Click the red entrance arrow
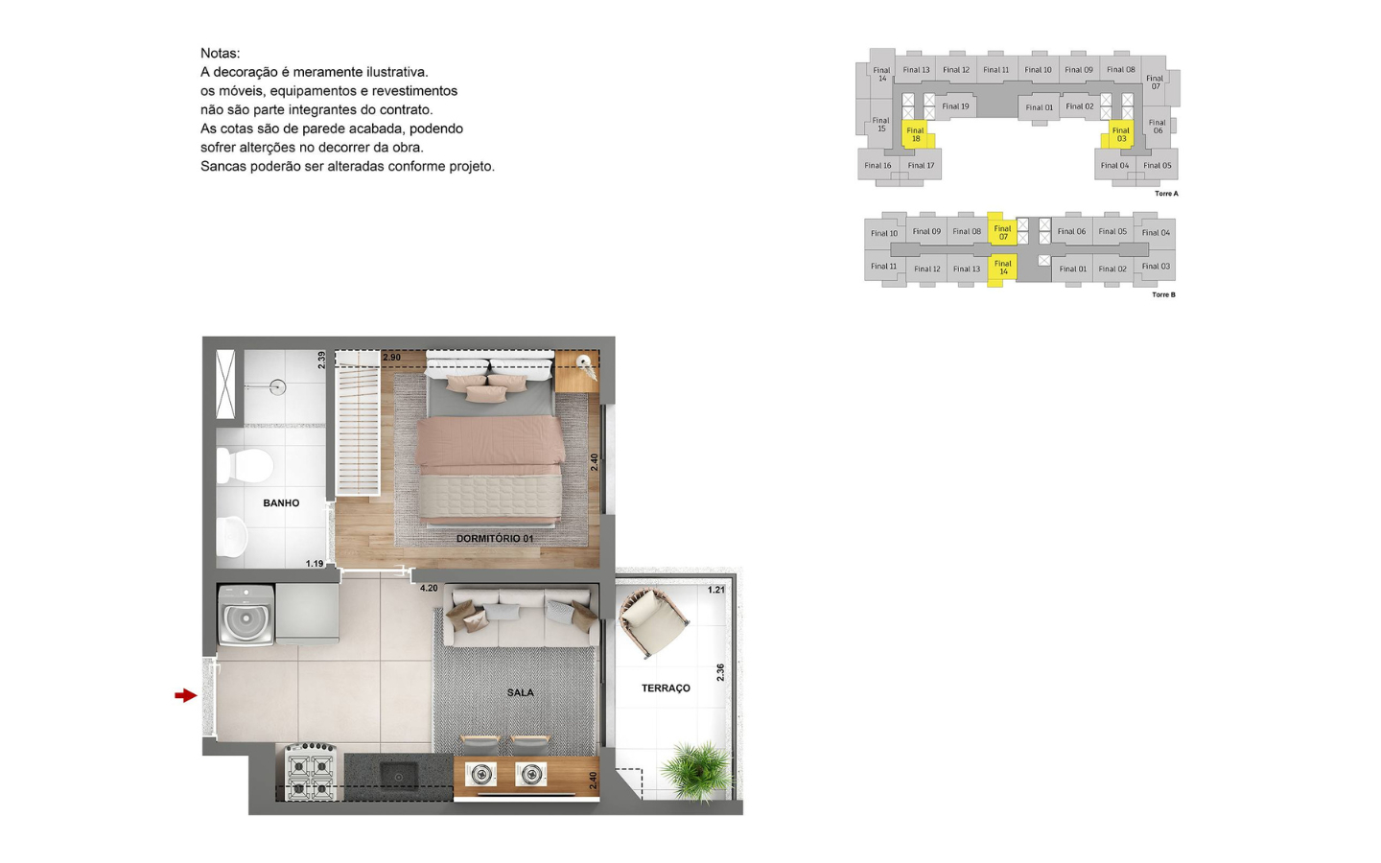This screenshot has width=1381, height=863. (x=186, y=695)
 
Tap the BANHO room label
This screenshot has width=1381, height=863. (x=281, y=503)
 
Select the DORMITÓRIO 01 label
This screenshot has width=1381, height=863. (x=495, y=538)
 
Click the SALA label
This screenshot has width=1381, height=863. (x=521, y=692)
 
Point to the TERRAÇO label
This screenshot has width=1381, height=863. (x=666, y=688)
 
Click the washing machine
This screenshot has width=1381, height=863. (x=246, y=616)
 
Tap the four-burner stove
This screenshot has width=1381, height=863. (x=310, y=773)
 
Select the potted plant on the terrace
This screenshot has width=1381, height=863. (x=698, y=771)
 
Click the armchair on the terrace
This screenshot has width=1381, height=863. (x=653, y=623)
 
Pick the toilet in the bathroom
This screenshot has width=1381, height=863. (x=245, y=465)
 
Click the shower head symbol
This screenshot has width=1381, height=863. (x=277, y=387)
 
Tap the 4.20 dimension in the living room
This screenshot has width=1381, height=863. (x=429, y=588)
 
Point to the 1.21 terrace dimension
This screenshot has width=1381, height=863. (x=715, y=590)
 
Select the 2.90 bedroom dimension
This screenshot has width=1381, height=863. (x=391, y=358)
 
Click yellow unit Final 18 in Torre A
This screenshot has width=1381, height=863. (x=917, y=134)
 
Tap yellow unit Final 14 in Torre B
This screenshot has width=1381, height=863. (x=1002, y=268)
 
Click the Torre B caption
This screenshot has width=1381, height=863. (x=1164, y=294)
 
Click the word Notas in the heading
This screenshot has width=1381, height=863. (x=221, y=53)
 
